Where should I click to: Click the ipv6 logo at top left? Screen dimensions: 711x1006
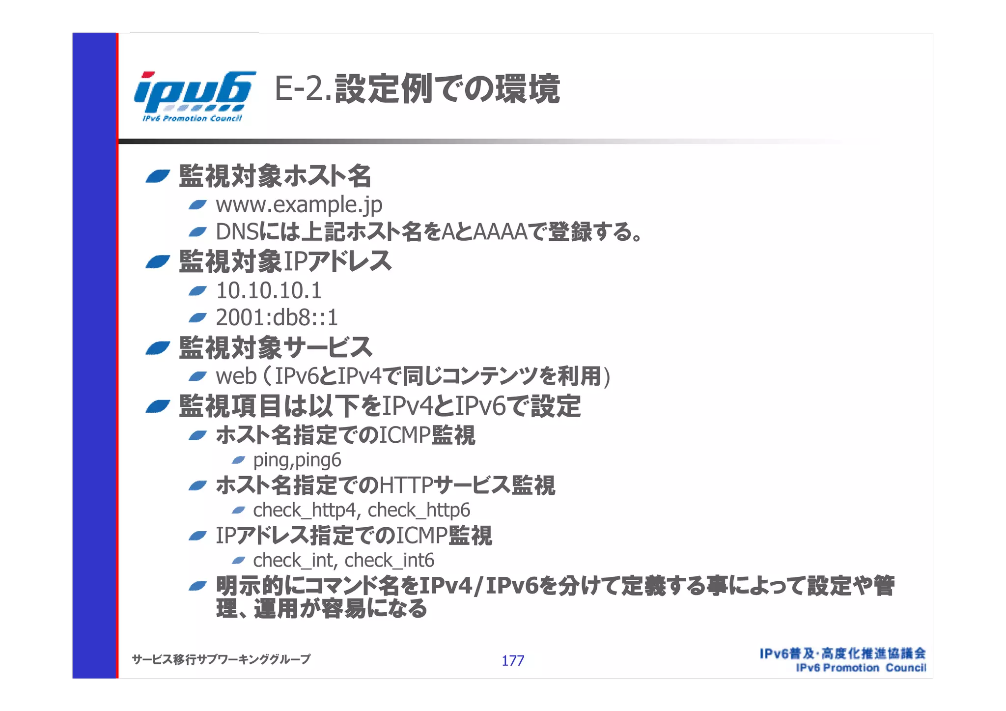(195, 96)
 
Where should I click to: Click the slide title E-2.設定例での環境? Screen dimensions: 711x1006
(417, 89)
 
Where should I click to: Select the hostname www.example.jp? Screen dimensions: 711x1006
(299, 205)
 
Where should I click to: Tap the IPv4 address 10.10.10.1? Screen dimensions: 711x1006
(269, 290)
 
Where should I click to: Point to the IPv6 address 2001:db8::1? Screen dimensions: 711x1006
(277, 318)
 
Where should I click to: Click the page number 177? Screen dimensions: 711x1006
(512, 660)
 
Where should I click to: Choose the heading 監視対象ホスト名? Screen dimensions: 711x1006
(275, 176)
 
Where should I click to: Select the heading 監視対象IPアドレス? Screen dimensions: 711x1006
(285, 261)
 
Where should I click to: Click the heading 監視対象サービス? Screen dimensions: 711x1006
(275, 347)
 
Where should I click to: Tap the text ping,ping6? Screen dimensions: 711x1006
(297, 460)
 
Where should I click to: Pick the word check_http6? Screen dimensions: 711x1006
(419, 511)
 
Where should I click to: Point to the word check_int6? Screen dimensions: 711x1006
(389, 560)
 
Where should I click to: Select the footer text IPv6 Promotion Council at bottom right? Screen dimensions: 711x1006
(861, 668)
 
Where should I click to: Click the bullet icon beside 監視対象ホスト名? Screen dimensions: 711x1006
(158, 176)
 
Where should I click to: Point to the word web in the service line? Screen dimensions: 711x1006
(236, 377)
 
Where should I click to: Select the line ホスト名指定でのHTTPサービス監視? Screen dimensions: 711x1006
(385, 485)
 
